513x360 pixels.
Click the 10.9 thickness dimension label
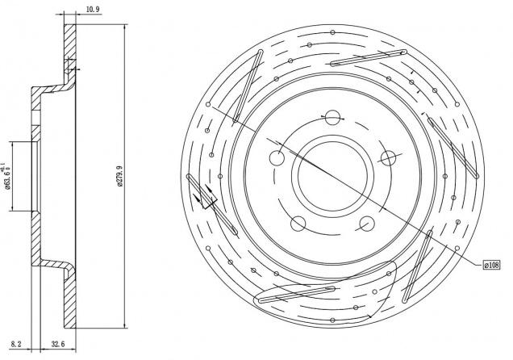tap(93, 9)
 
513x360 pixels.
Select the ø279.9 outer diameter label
tap(120, 176)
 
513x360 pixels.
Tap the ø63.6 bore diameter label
tap(6, 177)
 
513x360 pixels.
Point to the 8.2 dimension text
tap(16, 344)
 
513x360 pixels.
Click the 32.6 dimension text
tap(58, 344)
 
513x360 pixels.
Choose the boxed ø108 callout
tap(492, 265)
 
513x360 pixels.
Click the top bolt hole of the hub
tap(332, 118)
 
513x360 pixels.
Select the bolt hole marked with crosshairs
tap(388, 158)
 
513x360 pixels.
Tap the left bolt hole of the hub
tap(277, 158)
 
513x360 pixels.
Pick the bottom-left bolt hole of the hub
tap(298, 224)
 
